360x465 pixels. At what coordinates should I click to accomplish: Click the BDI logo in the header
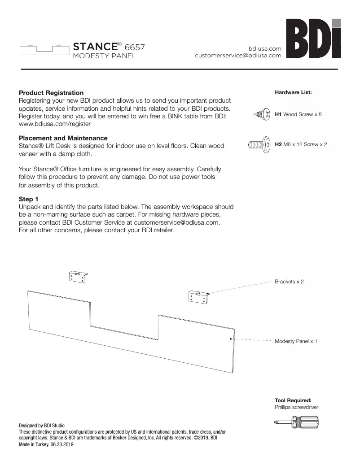point(314,40)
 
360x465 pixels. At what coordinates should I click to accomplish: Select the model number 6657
point(134,47)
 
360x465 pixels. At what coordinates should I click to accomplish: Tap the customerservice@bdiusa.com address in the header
point(238,56)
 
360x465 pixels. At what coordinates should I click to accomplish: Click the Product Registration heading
point(51,93)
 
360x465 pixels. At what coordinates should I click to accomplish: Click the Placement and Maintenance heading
point(63,138)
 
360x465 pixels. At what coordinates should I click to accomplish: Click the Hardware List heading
point(293,92)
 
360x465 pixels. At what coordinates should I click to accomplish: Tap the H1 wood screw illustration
point(261,115)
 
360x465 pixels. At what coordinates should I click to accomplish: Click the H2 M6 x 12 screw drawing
point(259,145)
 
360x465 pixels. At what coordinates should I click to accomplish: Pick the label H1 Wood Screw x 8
point(298,115)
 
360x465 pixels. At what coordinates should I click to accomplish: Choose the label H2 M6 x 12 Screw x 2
point(301,145)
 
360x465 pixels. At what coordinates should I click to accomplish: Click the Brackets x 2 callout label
point(289,282)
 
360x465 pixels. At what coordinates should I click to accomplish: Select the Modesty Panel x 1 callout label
point(296,341)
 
